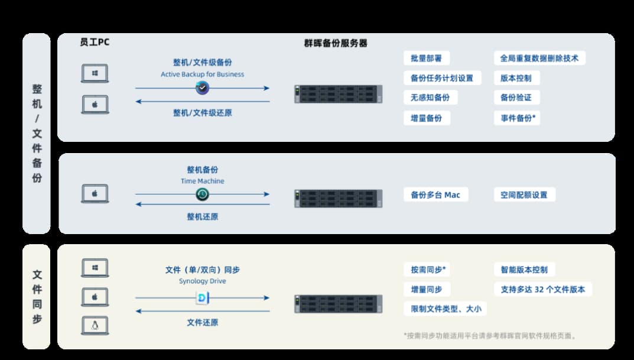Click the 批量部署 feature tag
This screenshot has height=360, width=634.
[427, 59]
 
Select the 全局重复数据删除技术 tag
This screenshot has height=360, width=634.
[539, 59]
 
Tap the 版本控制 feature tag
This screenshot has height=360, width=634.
[516, 78]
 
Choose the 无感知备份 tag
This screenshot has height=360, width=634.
[430, 98]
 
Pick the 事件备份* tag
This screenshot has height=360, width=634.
[517, 118]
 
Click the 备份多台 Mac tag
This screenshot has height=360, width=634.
[435, 194]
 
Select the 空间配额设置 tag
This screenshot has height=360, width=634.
[524, 194]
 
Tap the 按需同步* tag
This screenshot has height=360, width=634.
[427, 270]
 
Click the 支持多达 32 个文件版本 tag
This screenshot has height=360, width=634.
[542, 289]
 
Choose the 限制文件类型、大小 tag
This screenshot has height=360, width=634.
[445, 309]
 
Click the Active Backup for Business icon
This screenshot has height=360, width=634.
[203, 87]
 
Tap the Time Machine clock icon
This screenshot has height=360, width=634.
[203, 194]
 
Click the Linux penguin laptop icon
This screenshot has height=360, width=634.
[95, 326]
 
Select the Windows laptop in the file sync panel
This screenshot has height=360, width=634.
[95, 268]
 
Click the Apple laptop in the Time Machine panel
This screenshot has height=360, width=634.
[95, 194]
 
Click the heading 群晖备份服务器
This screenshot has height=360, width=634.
[336, 43]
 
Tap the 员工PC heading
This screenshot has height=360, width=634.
[95, 42]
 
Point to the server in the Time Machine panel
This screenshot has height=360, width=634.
[339, 199]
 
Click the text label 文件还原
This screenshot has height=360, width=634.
[203, 322]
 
